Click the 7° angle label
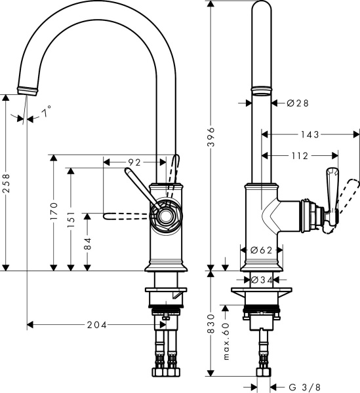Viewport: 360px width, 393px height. pos(46,113)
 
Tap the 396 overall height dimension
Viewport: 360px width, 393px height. pos(210,140)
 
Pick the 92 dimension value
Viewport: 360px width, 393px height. pos(134,161)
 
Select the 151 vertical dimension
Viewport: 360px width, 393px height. pos(70,214)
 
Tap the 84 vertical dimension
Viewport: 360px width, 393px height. pos(87,243)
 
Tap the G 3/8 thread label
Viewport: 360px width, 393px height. pos(305,386)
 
